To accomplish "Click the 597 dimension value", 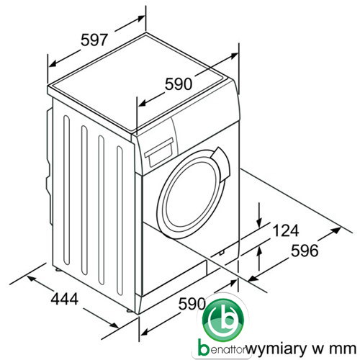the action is (x=94, y=40).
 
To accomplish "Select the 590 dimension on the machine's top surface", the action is (x=179, y=84).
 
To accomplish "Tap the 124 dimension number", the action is (x=286, y=230).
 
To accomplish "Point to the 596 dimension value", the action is (x=305, y=251).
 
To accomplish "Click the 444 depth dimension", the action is (x=65, y=299).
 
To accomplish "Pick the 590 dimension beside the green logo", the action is (x=192, y=304).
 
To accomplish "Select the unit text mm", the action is (x=343, y=348).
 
